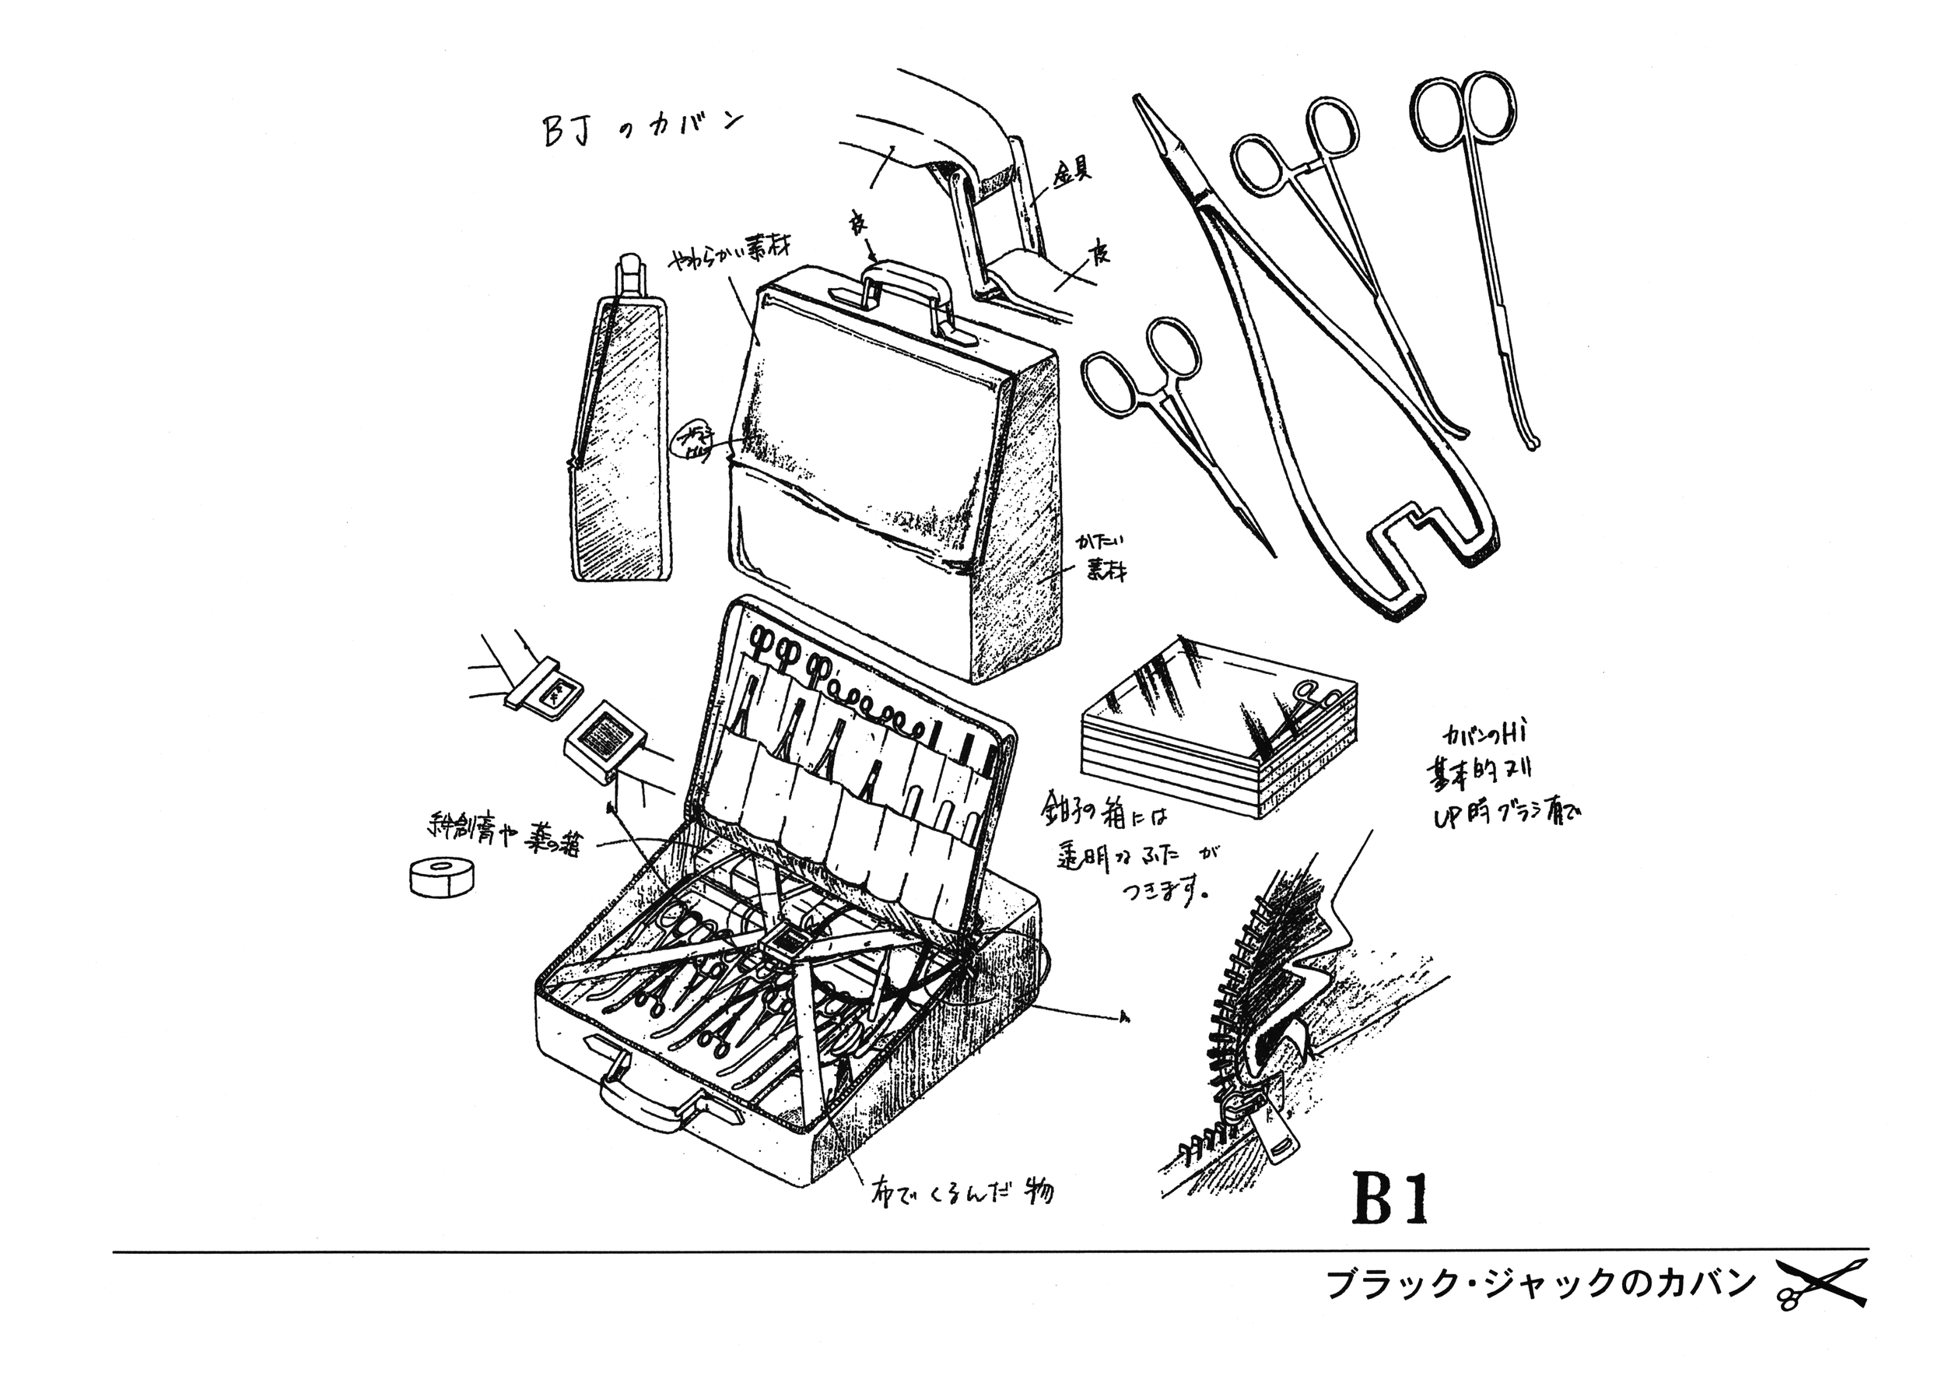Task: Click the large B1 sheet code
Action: (1390, 1198)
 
